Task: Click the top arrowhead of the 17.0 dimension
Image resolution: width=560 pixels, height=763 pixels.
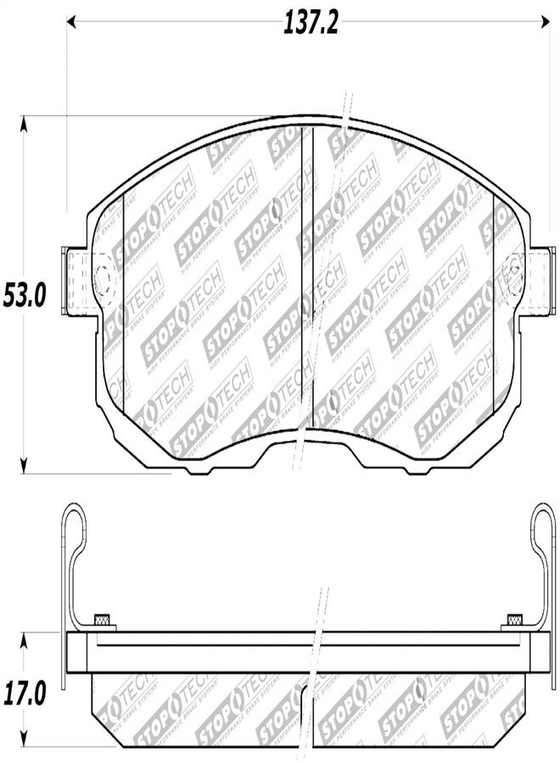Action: (25, 637)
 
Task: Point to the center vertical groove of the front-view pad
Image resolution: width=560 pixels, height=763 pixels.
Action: (313, 280)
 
